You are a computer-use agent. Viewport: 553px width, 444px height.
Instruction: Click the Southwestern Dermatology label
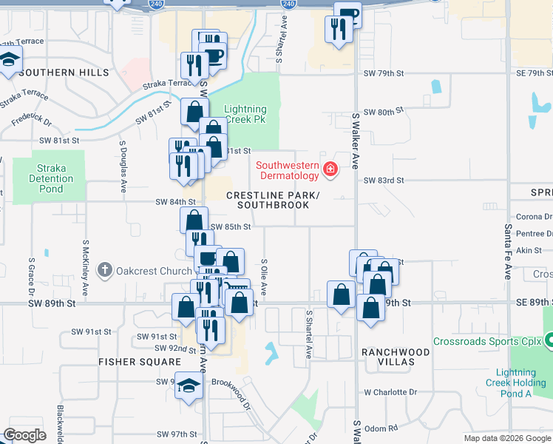pyautogui.click(x=288, y=170)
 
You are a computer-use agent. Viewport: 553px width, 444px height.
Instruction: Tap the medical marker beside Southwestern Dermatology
pyautogui.click(x=330, y=172)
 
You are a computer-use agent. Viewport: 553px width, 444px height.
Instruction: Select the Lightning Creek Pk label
pyautogui.click(x=245, y=114)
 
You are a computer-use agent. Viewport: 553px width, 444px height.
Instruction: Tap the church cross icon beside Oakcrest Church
pyautogui.click(x=106, y=270)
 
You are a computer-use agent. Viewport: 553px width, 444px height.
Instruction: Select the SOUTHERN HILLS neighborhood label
pyautogui.click(x=64, y=73)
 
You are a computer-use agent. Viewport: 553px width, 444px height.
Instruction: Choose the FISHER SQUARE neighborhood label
pyautogui.click(x=140, y=362)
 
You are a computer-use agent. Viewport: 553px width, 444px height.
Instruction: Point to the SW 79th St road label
pyautogui.click(x=384, y=73)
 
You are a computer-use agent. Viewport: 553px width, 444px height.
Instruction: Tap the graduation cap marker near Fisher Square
pyautogui.click(x=189, y=386)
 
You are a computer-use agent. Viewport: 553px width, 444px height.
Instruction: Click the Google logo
pyautogui.click(x=25, y=435)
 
